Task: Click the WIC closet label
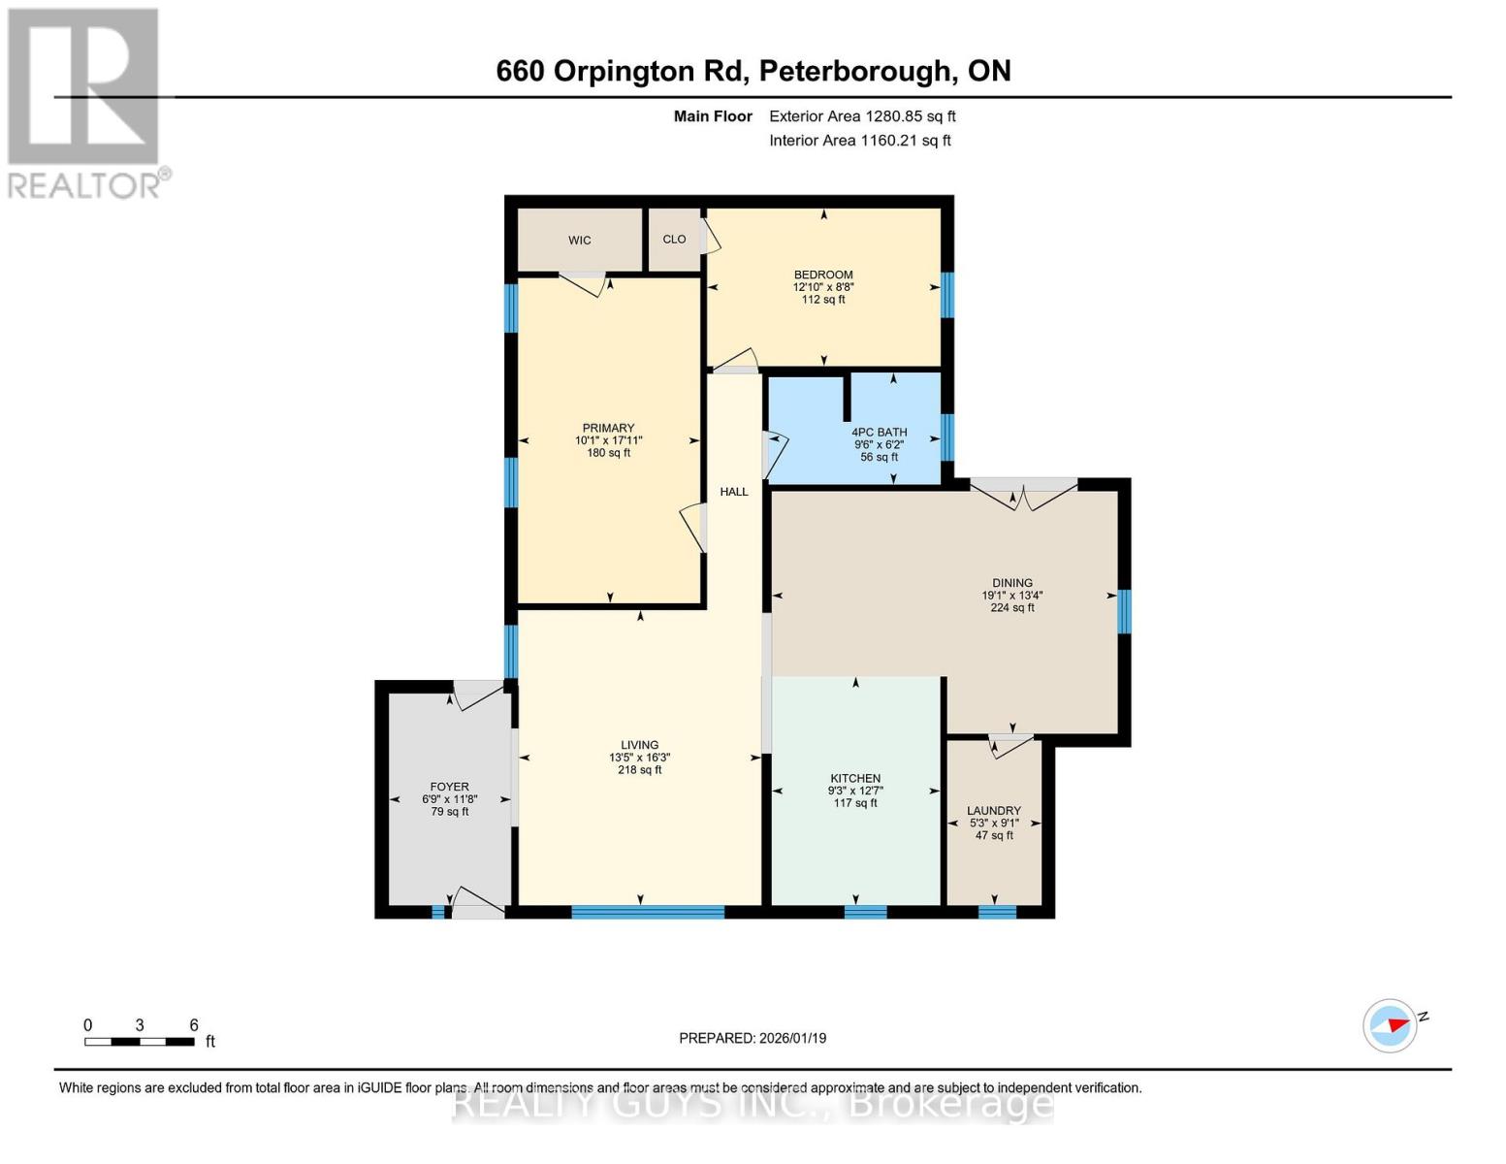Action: pyautogui.click(x=579, y=241)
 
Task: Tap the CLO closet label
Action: pyautogui.click(x=674, y=240)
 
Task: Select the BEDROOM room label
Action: pyautogui.click(x=823, y=275)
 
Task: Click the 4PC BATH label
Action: pyautogui.click(x=879, y=433)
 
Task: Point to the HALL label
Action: pyautogui.click(x=734, y=492)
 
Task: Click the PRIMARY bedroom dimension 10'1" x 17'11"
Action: pyautogui.click(x=608, y=440)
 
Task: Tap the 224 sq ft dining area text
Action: pyautogui.click(x=1012, y=608)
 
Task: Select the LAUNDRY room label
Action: pyautogui.click(x=994, y=811)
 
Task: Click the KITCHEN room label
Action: pyautogui.click(x=855, y=778)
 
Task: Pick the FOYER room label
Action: pyautogui.click(x=449, y=787)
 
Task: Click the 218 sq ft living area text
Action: pyautogui.click(x=639, y=770)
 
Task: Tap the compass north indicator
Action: pyautogui.click(x=1392, y=1025)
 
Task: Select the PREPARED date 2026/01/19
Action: pyautogui.click(x=753, y=1038)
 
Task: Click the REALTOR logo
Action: pyautogui.click(x=85, y=102)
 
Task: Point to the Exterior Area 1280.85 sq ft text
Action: pyautogui.click(x=862, y=116)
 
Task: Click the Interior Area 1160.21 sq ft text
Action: pyautogui.click(x=859, y=141)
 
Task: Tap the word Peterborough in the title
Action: pyautogui.click(x=853, y=71)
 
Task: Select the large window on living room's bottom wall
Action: pyautogui.click(x=648, y=912)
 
